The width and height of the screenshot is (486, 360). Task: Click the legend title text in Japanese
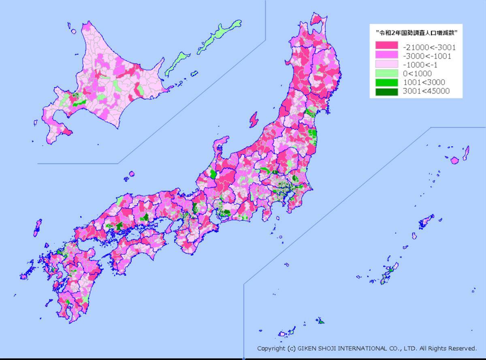[x=417, y=33]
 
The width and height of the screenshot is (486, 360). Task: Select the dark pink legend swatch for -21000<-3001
[x=386, y=47]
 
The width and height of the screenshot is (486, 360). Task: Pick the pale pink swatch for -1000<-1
[x=386, y=65]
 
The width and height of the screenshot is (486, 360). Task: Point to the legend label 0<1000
[x=417, y=74]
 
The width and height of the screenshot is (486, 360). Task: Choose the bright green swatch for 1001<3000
[x=386, y=83]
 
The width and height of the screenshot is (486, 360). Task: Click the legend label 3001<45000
[x=426, y=92]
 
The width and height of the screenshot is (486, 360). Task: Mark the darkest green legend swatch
[x=386, y=92]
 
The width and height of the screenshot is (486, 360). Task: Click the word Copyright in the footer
[x=271, y=349]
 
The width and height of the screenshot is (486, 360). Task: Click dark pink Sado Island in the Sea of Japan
[x=254, y=119]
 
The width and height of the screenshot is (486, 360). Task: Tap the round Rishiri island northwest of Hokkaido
[x=73, y=31]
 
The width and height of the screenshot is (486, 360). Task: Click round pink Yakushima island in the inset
[x=454, y=160]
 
